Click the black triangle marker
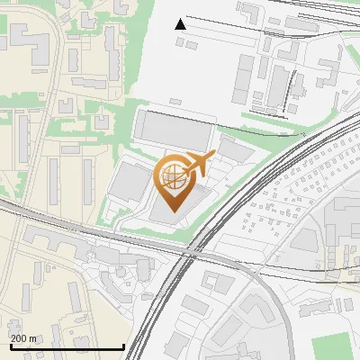tap(181, 24)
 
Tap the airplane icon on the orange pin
tap(197, 164)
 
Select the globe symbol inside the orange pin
tap(171, 176)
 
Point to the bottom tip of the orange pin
tap(171, 211)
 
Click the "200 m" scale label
tap(23, 338)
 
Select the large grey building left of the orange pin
tap(130, 184)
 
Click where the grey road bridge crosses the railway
tap(194, 254)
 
